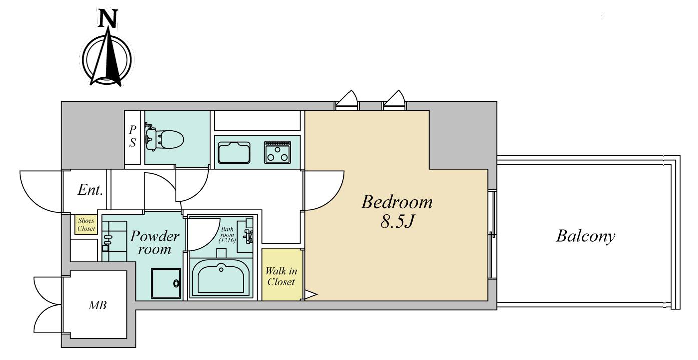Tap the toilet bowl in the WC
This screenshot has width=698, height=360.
171,139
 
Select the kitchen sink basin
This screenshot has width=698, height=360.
234,152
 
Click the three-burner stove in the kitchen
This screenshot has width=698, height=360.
277,152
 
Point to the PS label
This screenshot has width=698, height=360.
133,136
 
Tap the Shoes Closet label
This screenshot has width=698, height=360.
86,224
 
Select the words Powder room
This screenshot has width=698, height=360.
155,242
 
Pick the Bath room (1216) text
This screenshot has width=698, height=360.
227,235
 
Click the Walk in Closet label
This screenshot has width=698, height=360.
281,276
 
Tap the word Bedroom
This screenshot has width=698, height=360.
397,202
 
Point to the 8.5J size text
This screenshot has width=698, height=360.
397,222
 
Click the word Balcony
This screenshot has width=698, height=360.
586,236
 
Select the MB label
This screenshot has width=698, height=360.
98,305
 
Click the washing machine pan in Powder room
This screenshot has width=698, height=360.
166,283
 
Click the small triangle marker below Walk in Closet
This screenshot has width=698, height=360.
310,294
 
